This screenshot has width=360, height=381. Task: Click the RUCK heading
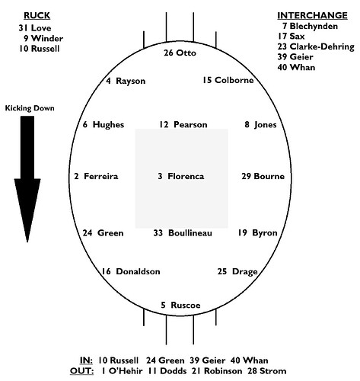coord(37,16)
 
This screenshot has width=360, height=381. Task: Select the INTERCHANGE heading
coord(312,16)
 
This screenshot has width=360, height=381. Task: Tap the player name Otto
coord(186,53)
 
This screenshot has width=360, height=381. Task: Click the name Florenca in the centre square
coord(186,176)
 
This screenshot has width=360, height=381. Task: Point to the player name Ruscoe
coord(186,305)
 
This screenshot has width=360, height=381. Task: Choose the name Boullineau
coord(190,233)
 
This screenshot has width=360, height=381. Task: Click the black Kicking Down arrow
coord(27,179)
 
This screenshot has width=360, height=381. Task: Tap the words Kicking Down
coord(30,108)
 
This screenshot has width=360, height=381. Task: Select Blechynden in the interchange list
coord(314,26)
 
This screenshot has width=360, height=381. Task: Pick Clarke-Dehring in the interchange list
coord(322,46)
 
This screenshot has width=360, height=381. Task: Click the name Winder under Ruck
coord(47,38)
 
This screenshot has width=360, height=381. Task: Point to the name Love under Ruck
coord(41,28)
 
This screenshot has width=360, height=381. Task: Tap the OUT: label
coord(81,371)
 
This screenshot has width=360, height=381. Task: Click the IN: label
coord(86,360)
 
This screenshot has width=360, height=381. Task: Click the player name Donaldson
coord(138,271)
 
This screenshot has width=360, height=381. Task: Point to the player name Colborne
coord(234,80)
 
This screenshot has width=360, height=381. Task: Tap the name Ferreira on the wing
coord(101,176)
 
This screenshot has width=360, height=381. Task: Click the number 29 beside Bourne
coord(246,176)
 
